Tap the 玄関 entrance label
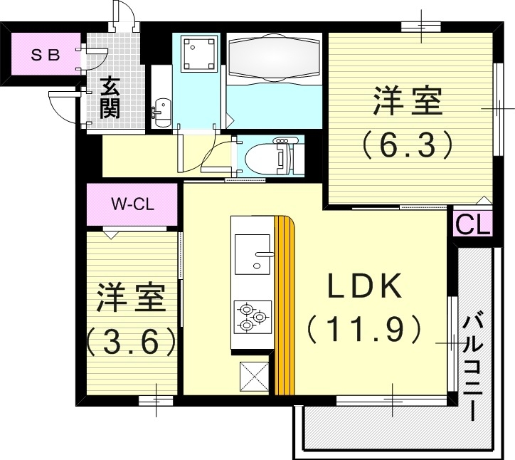pyautogui.click(x=109, y=98)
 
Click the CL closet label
pyautogui.click(x=472, y=224)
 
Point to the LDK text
pyautogui.click(x=366, y=288)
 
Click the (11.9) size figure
pyautogui.click(x=365, y=330)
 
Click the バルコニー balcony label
pyautogui.click(x=473, y=366)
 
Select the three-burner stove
pyautogui.click(x=253, y=315)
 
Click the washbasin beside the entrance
pyautogui.click(x=161, y=110)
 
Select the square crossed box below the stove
pyautogui.click(x=253, y=375)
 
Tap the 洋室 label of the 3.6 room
pyautogui.click(x=132, y=298)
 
